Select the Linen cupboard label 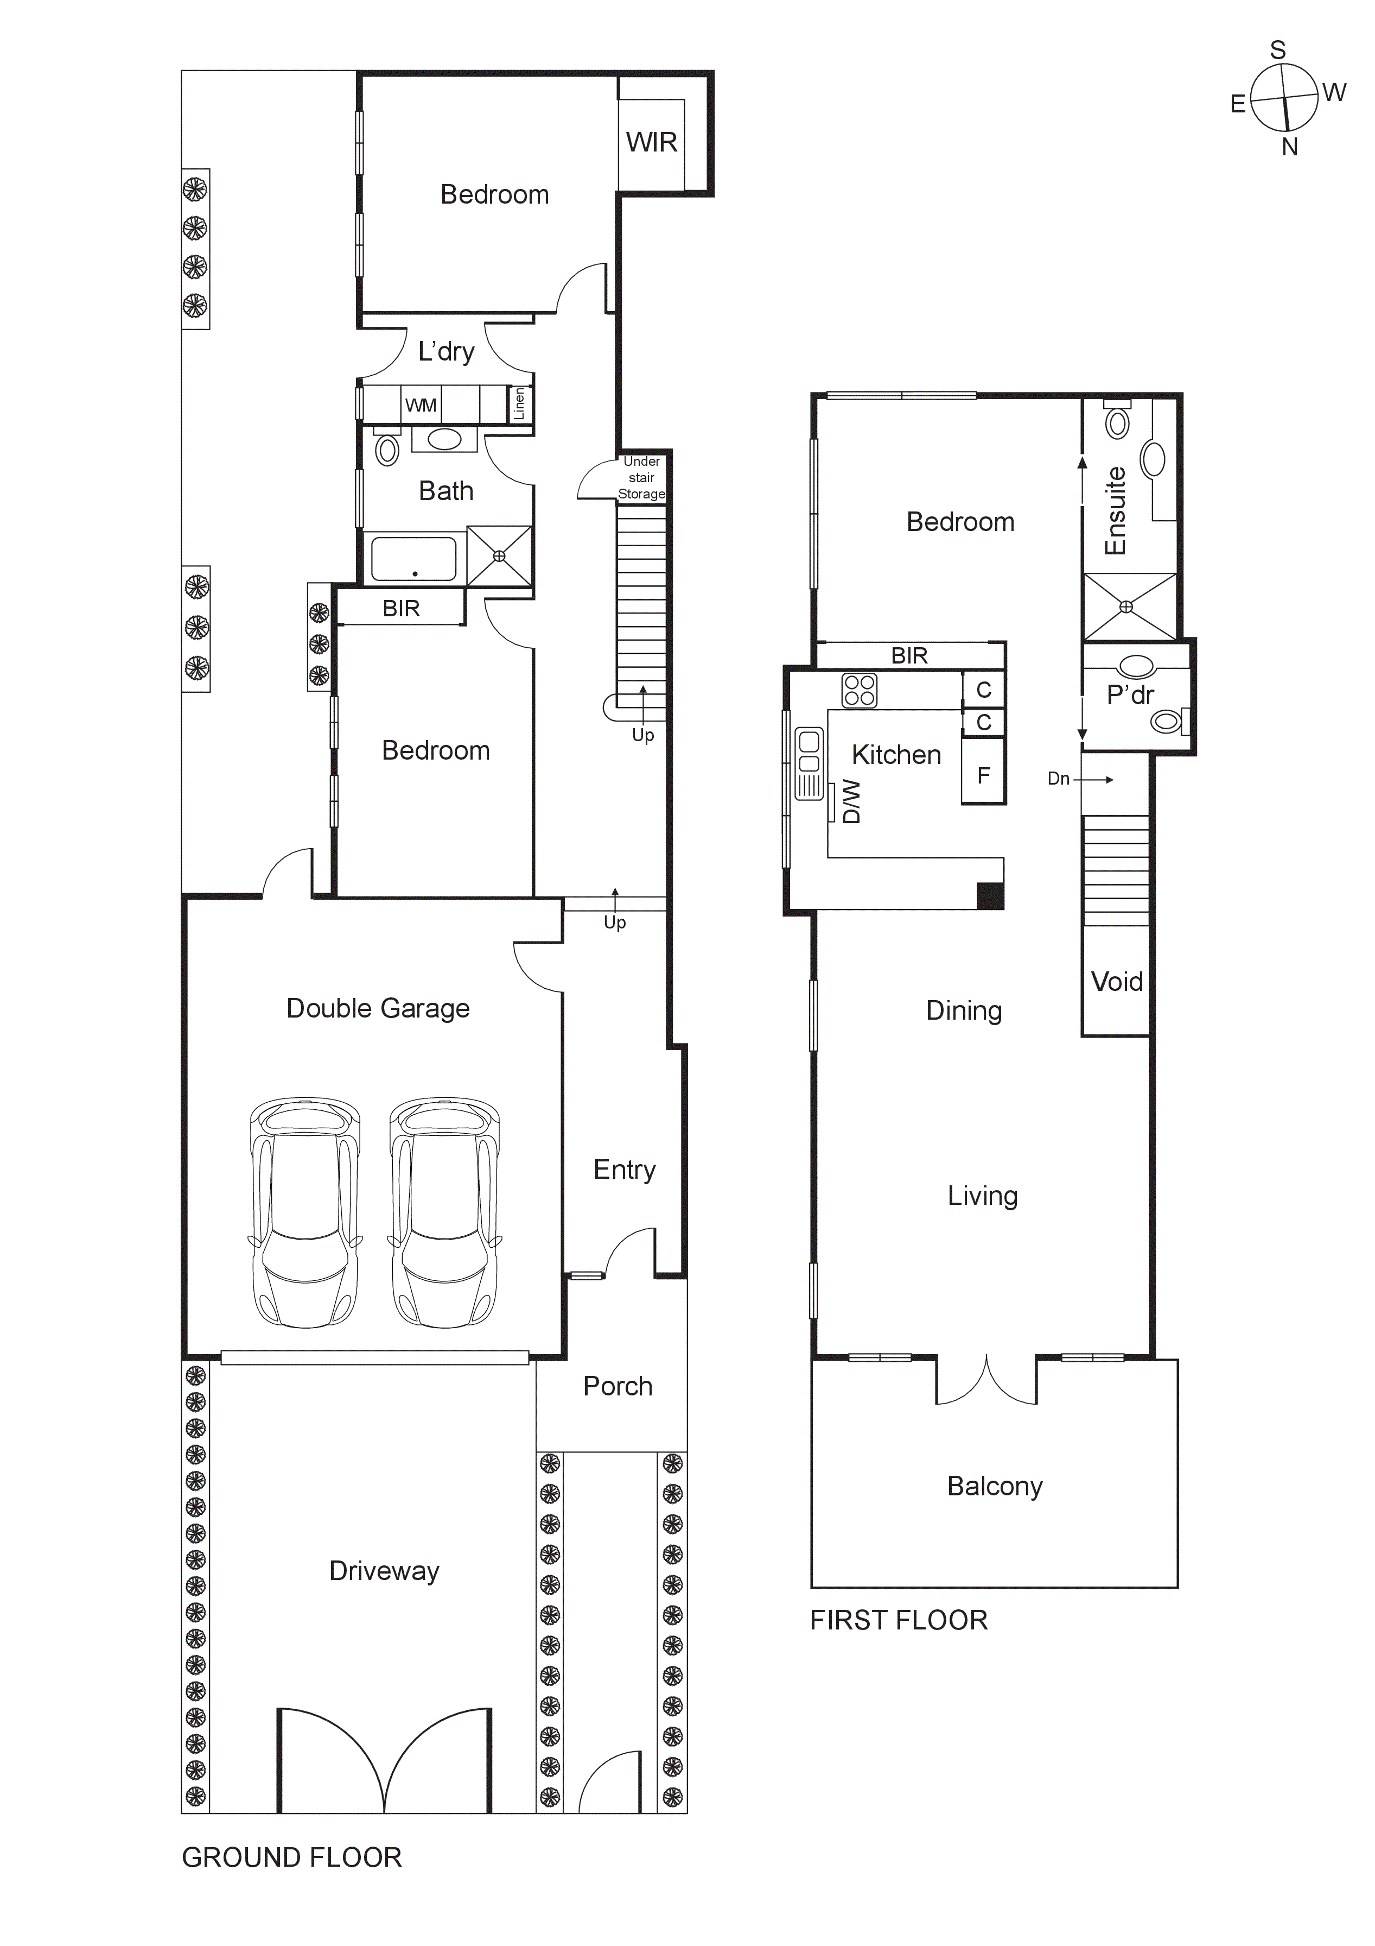(x=519, y=403)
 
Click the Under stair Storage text (x=641, y=478)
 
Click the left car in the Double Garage (x=305, y=1213)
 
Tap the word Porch (x=618, y=1387)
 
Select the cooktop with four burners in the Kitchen (x=859, y=690)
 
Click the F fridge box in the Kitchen (x=983, y=775)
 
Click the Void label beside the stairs (x=1117, y=982)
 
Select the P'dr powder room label (x=1130, y=695)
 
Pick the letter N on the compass (x=1289, y=148)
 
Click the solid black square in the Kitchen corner (x=990, y=896)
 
